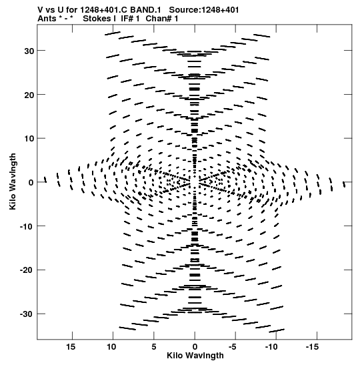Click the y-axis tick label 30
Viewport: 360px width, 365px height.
pos(29,51)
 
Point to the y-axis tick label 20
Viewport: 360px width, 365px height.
pos(29,95)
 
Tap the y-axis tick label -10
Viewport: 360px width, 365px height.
pos(27,227)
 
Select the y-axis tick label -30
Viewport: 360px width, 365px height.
pos(27,314)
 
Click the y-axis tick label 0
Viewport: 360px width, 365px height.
pos(31,183)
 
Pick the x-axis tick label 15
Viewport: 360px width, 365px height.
pos(71,347)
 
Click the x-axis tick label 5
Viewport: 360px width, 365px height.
pos(154,347)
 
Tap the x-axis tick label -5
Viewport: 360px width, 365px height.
pos(232,347)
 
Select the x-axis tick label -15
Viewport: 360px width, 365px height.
pos(311,347)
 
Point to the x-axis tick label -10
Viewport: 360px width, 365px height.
pos(271,347)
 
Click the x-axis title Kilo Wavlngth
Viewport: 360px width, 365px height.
pos(195,356)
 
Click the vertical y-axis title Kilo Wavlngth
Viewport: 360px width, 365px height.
pos(13,181)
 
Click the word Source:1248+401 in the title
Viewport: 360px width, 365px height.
pos(204,10)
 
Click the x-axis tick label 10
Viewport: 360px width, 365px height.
pos(111,347)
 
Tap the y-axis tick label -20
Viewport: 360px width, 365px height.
pos(27,271)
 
